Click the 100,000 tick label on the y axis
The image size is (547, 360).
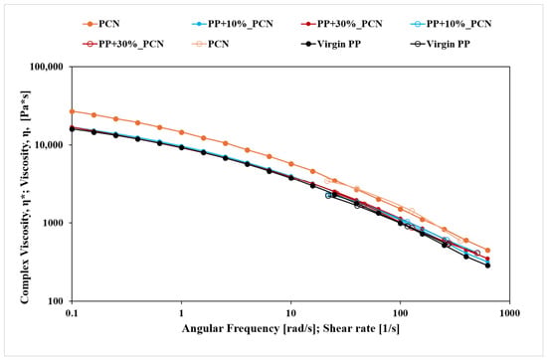(x=48, y=67)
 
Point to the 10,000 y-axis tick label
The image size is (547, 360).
(x=51, y=145)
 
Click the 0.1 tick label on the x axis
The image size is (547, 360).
(x=72, y=313)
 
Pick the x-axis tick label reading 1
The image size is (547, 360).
(x=181, y=313)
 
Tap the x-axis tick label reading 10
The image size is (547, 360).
(x=290, y=313)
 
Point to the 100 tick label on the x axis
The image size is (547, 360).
(x=400, y=313)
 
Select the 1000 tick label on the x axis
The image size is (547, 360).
(x=509, y=313)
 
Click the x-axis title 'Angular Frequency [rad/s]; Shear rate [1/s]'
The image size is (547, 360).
(x=290, y=328)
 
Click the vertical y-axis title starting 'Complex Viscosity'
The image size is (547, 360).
(x=25, y=197)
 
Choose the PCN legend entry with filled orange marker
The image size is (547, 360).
(x=101, y=24)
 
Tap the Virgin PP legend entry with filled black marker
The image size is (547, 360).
(x=331, y=44)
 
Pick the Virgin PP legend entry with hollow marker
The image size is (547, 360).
(x=441, y=44)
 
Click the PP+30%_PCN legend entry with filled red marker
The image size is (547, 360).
(x=341, y=24)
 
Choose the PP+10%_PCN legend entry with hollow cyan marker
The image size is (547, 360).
(x=452, y=24)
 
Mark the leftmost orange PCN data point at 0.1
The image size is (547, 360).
(x=72, y=111)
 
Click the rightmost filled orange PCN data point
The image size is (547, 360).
(x=487, y=251)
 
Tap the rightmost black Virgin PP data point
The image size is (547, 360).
(x=487, y=266)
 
